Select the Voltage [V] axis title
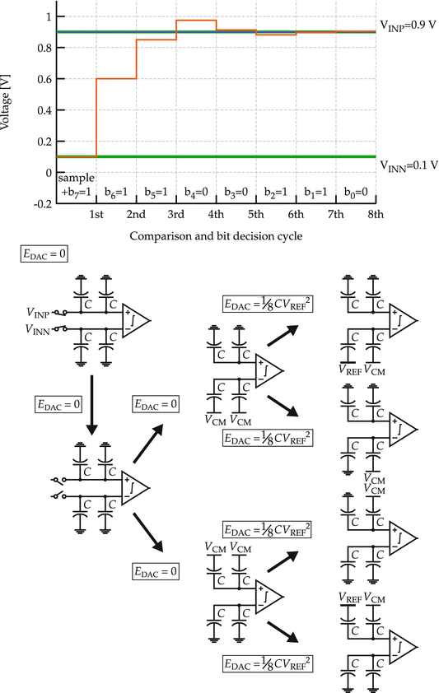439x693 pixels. point(8,91)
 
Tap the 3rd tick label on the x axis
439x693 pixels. point(175,215)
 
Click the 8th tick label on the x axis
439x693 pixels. point(376,215)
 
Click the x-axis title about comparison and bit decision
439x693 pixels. point(216,236)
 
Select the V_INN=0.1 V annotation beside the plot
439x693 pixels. point(409,165)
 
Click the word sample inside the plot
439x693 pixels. point(77,178)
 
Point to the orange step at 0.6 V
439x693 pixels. point(116,79)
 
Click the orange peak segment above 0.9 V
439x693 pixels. point(196,21)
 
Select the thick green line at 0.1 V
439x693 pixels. point(247,156)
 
